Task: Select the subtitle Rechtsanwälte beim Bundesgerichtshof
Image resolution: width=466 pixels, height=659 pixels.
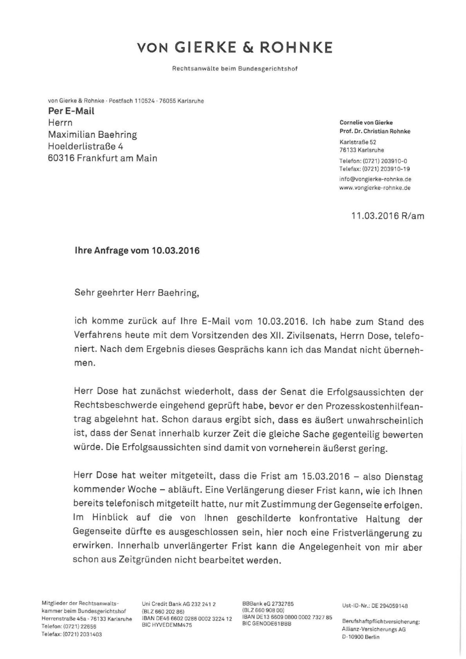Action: pos(235,68)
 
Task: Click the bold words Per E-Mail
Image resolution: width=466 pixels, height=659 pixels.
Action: pos(71,111)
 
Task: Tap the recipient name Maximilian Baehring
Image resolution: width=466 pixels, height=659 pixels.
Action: pos(92,135)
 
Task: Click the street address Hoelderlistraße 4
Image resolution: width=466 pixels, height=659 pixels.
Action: pos(86,146)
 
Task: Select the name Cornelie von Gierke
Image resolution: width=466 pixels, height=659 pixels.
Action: pos(366,123)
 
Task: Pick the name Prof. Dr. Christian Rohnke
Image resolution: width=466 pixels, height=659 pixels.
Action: pos(375,131)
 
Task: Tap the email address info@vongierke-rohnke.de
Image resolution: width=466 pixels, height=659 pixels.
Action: pos(375,179)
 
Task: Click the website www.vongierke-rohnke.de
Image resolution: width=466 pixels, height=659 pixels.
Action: pos(375,188)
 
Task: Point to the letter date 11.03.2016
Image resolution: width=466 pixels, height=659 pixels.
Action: pos(375,216)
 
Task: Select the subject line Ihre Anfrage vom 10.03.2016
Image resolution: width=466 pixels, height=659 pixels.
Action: pos(137,251)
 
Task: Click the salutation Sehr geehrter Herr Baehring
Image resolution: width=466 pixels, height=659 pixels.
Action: pos(137,293)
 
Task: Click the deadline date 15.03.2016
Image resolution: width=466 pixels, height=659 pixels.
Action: pos(325,476)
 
